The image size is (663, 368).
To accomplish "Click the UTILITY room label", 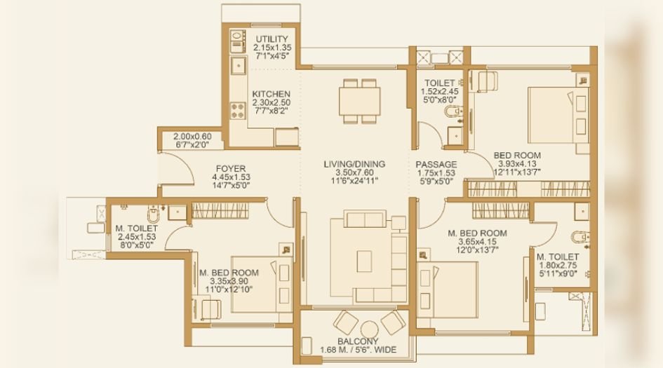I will pyautogui.click(x=272, y=39).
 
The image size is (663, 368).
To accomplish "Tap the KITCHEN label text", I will pyautogui.click(x=271, y=94).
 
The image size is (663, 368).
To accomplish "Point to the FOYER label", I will pyautogui.click(x=230, y=168).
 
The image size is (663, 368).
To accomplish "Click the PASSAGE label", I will pyautogui.click(x=436, y=164).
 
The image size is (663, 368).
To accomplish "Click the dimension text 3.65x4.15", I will pyautogui.click(x=477, y=242).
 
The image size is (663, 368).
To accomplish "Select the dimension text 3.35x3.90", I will pyautogui.click(x=228, y=281).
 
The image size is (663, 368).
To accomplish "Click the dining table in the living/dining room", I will pyautogui.click(x=361, y=102).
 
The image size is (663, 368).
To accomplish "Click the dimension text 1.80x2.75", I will pyautogui.click(x=558, y=266).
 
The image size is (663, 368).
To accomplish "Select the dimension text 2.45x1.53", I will pyautogui.click(x=138, y=237).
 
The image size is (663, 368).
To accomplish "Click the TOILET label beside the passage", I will pyautogui.click(x=439, y=83).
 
